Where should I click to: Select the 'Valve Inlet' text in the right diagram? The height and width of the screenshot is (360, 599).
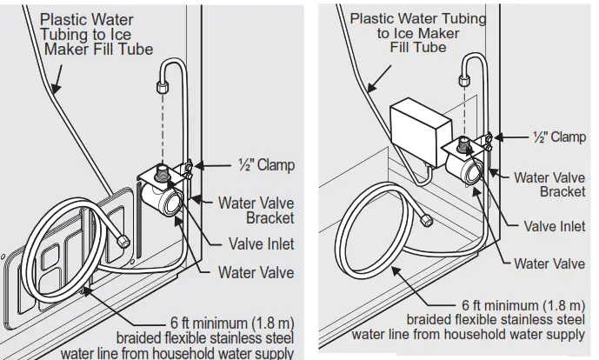(x=554, y=226)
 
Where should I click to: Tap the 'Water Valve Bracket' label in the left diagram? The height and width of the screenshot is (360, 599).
(x=256, y=210)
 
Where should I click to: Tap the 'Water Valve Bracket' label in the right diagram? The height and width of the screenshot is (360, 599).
(x=549, y=184)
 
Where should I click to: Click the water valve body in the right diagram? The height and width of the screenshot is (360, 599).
(x=462, y=165)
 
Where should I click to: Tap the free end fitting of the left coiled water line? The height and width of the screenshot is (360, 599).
(x=123, y=241)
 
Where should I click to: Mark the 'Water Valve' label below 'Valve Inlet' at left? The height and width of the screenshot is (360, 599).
(x=256, y=272)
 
